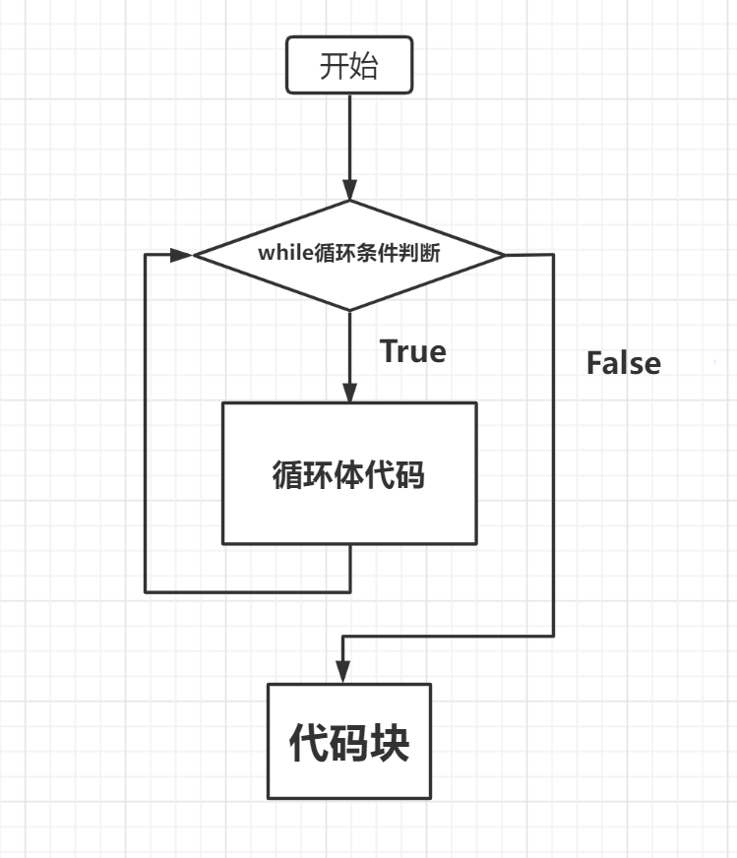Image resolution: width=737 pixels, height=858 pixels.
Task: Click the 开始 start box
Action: point(349,67)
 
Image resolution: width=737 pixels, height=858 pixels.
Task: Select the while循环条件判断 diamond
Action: point(349,255)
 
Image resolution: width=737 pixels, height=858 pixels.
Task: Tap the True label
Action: point(413,351)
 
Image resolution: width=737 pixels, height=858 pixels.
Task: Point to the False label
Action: point(623,363)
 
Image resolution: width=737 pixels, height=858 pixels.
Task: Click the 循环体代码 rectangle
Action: point(349,473)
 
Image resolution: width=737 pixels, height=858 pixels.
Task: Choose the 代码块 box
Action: point(349,741)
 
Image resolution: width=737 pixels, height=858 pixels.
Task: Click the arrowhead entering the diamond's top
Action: point(349,191)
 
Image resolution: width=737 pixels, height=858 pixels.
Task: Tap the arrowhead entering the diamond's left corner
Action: point(182,255)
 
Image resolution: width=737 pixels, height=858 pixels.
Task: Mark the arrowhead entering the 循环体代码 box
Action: point(349,393)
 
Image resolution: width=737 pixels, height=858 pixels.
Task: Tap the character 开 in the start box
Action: point(335,67)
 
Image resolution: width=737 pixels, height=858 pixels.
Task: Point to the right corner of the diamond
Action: point(505,255)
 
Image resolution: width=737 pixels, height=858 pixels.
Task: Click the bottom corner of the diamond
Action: point(349,310)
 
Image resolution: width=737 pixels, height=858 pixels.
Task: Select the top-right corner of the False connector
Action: point(554,255)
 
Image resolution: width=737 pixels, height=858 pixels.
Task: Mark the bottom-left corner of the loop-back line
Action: point(146,591)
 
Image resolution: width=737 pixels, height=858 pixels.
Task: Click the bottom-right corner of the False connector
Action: point(554,637)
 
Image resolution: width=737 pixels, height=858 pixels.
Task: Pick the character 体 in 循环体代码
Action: point(349,475)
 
